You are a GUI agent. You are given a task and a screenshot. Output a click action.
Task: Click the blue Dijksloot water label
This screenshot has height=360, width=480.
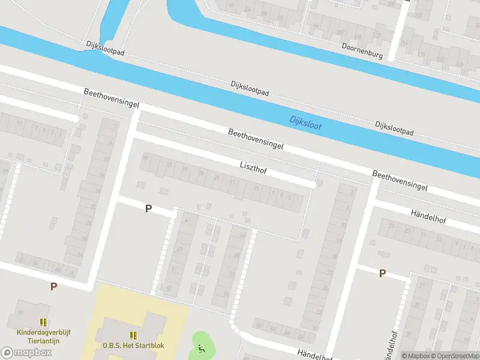[305, 122]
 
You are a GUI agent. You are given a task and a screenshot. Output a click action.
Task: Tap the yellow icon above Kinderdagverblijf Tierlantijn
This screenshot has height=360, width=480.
[43, 322]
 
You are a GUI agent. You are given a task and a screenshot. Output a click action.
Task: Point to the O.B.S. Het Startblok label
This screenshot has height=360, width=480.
[133, 346]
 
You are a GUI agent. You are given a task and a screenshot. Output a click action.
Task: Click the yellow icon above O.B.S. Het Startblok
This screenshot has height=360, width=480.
[133, 335]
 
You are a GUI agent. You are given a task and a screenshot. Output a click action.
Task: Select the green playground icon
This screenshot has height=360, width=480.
[202, 347]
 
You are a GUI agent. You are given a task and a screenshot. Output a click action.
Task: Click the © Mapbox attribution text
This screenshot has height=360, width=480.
[416, 356]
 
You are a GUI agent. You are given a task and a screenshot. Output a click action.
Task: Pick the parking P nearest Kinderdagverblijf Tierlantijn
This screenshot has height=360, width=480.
[53, 286]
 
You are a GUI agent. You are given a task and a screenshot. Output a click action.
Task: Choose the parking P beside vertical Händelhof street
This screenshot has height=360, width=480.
[382, 273]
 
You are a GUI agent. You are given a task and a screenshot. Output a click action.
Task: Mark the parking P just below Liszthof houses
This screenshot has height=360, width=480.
[148, 208]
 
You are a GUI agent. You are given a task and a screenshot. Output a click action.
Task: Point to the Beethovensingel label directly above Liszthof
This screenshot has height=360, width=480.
[256, 138]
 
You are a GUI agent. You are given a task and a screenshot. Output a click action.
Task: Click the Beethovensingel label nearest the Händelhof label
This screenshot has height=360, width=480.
[400, 180]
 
